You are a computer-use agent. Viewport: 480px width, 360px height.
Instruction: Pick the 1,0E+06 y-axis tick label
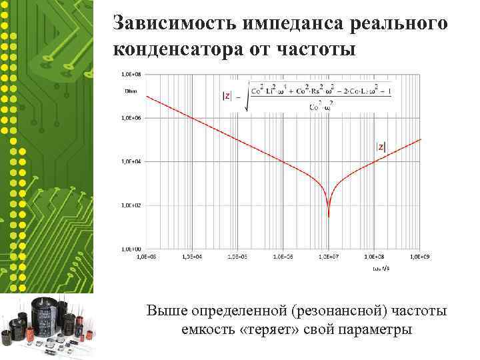coord(131,117)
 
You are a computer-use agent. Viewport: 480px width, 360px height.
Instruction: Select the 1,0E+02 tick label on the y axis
coord(131,205)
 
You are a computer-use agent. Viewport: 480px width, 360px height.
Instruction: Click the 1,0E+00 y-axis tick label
coord(131,249)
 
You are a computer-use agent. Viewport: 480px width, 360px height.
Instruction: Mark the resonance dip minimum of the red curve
coord(329,215)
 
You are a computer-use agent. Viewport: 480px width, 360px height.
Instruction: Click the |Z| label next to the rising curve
coord(381,147)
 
